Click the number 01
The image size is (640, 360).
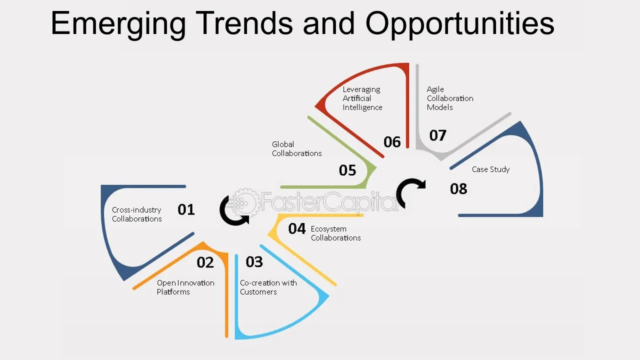pos(186,209)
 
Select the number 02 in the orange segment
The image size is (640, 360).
pos(205,262)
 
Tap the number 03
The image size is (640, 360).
pos(254,261)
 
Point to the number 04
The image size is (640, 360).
pos(297,228)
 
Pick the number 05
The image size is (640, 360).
pos(347,170)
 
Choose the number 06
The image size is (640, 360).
pos(392,142)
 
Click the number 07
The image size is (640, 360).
pos(437,135)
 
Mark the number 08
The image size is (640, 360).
pos(458,189)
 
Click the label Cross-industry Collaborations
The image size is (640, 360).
pos(137,214)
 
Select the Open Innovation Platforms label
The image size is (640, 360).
pos(185,287)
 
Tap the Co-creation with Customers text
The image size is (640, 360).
pos(268,287)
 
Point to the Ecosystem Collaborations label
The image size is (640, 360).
pos(335,233)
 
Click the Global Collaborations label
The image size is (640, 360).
pos(297,148)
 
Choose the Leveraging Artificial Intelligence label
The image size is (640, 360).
pos(362,98)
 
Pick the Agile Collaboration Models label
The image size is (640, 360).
pos(450,98)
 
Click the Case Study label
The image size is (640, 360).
pos(491,169)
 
